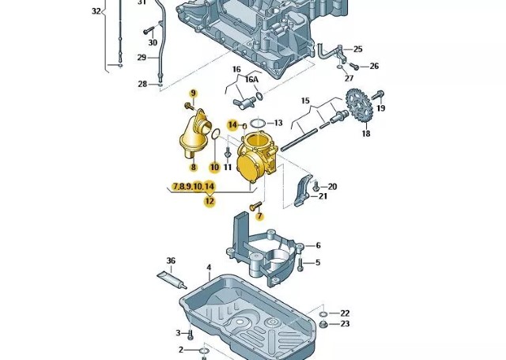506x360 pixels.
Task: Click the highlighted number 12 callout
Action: tap(210, 201)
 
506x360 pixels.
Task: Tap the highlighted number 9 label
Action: tap(192, 94)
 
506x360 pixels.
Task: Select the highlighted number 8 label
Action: tap(192, 166)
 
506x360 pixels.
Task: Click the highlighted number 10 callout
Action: tap(214, 167)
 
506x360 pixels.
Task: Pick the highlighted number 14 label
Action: tap(232, 125)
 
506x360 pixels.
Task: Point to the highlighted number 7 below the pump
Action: tap(259, 216)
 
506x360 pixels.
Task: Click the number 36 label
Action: tap(170, 261)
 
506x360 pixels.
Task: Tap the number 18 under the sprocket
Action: tap(365, 135)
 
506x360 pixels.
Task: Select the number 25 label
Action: tap(357, 49)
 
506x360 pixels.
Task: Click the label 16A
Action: tap(251, 80)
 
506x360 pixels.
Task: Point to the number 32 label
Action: tap(96, 11)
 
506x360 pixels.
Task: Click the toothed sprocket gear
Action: tap(359, 105)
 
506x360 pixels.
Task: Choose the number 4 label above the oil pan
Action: tap(210, 267)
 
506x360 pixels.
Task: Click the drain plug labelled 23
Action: tap(323, 324)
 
